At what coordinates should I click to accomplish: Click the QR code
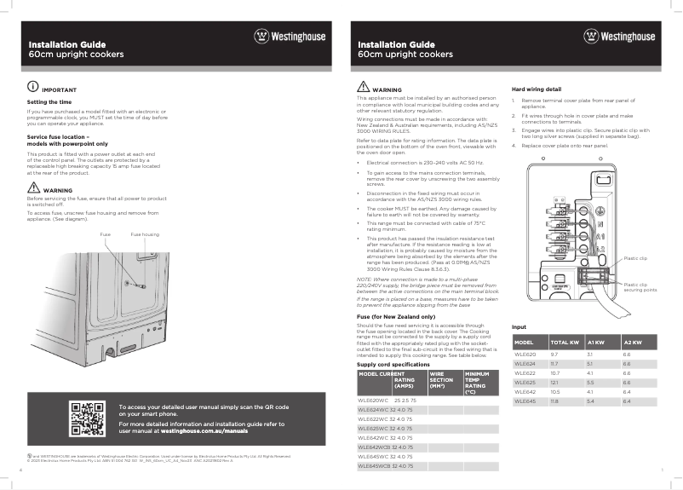pos(88,418)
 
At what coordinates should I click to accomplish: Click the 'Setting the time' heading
pos(48,102)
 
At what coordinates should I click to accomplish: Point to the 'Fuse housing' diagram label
pos(144,234)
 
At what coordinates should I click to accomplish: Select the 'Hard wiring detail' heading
pos(536,89)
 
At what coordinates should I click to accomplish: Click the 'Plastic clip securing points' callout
pos(640,287)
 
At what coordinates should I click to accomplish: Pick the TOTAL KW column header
pos(565,342)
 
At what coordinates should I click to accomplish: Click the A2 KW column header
pos(632,342)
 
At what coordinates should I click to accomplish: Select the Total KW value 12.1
pos(554,383)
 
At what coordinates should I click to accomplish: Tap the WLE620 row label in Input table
pos(525,354)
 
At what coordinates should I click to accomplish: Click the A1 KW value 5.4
pos(591,401)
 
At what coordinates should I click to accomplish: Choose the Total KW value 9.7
pos(554,354)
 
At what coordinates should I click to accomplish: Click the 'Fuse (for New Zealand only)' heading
pos(394,317)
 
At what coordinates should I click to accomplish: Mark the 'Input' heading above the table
pos(519,328)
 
